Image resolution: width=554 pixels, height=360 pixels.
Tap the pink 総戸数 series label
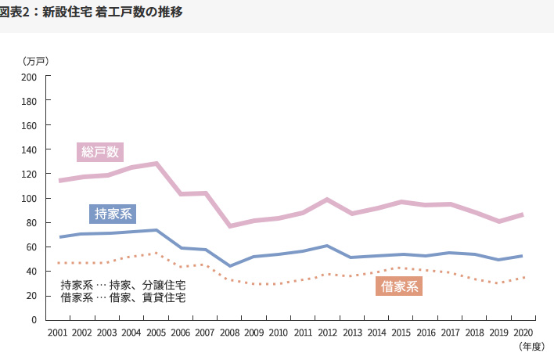click(x=100, y=152)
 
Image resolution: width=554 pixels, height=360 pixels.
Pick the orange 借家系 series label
click(x=400, y=287)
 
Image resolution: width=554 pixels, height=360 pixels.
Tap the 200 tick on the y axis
click(x=30, y=77)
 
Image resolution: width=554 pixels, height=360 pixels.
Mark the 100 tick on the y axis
click(x=30, y=199)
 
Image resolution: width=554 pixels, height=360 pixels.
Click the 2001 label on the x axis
click(x=57, y=333)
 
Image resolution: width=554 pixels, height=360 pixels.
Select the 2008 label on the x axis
click(x=230, y=333)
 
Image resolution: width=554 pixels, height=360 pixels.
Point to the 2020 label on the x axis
click(x=523, y=333)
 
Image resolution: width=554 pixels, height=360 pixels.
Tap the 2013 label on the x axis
click(x=352, y=333)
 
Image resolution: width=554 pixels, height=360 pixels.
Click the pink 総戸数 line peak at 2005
click(x=156, y=164)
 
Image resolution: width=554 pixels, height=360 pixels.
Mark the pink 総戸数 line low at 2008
click(x=230, y=226)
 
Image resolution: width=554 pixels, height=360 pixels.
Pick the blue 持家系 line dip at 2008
click(x=230, y=266)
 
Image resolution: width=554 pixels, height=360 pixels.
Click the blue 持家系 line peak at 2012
click(x=328, y=246)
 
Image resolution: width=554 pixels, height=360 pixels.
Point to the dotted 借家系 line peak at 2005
click(x=156, y=253)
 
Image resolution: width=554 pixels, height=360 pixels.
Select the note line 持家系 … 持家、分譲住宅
click(x=123, y=285)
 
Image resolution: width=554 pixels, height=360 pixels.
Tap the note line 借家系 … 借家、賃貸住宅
click(x=123, y=297)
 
